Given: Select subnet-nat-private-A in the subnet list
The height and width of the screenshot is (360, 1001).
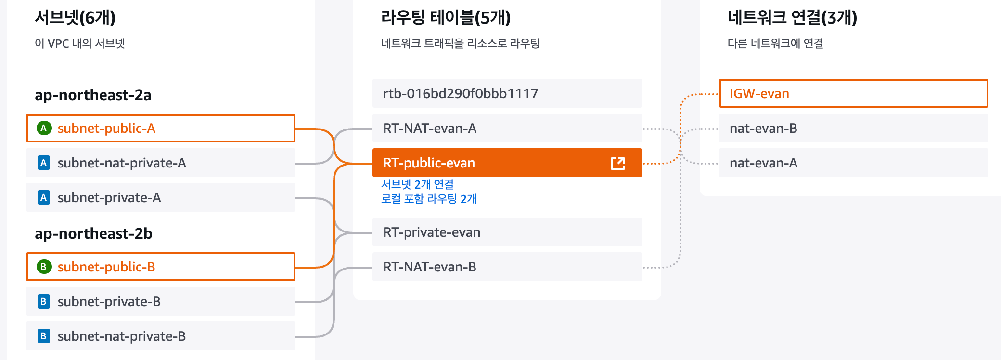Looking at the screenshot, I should pos(160,163).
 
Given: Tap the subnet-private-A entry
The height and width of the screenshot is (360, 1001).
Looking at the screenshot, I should pos(160,198).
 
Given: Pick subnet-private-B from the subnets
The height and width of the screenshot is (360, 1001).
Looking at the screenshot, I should pos(160,302).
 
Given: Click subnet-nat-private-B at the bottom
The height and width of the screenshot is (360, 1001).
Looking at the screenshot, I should pos(160,336).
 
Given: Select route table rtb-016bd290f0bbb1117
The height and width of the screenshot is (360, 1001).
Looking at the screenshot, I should pos(507,93).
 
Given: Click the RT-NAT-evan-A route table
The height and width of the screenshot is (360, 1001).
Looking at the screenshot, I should pos(507,129).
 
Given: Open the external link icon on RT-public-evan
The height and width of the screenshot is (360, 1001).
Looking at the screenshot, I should pos(618,163).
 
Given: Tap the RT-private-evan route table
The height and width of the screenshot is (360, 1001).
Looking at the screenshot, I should pos(507,232).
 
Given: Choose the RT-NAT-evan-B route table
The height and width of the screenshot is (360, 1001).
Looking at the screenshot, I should pos(507,267).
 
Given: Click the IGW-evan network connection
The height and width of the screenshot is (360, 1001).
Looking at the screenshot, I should pos(853,93).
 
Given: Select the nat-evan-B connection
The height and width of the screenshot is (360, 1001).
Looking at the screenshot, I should pos(853,129).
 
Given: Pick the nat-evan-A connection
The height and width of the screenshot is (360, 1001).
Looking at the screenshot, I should pos(853,163).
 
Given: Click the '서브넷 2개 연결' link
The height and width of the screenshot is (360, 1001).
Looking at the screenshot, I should pos(417,184).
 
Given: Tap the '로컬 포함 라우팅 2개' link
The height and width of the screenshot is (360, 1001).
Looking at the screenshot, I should pos(429,199).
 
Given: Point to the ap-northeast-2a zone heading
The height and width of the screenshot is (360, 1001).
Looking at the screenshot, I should pos(93,95).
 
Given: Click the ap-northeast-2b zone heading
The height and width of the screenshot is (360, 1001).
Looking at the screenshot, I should pos(93,233).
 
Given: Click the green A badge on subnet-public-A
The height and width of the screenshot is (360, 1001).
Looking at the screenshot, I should pos(44,128).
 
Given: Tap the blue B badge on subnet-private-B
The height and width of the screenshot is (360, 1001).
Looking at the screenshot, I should pos(44,302).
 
